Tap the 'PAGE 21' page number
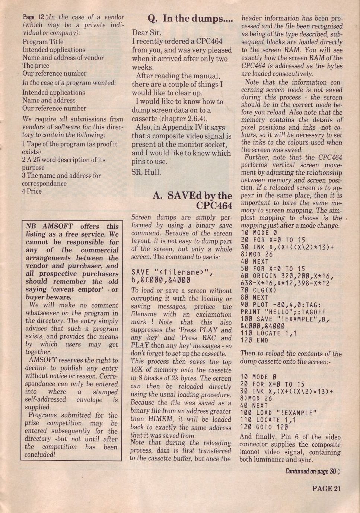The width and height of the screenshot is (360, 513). point(326,488)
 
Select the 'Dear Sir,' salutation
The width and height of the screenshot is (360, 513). point(146,32)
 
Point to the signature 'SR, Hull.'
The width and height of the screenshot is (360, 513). point(146,172)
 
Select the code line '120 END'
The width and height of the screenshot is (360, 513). point(255,340)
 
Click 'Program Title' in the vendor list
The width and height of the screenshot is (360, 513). point(43,42)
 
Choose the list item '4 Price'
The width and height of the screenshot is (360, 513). point(32,191)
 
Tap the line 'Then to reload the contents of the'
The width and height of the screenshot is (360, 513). point(291,354)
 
